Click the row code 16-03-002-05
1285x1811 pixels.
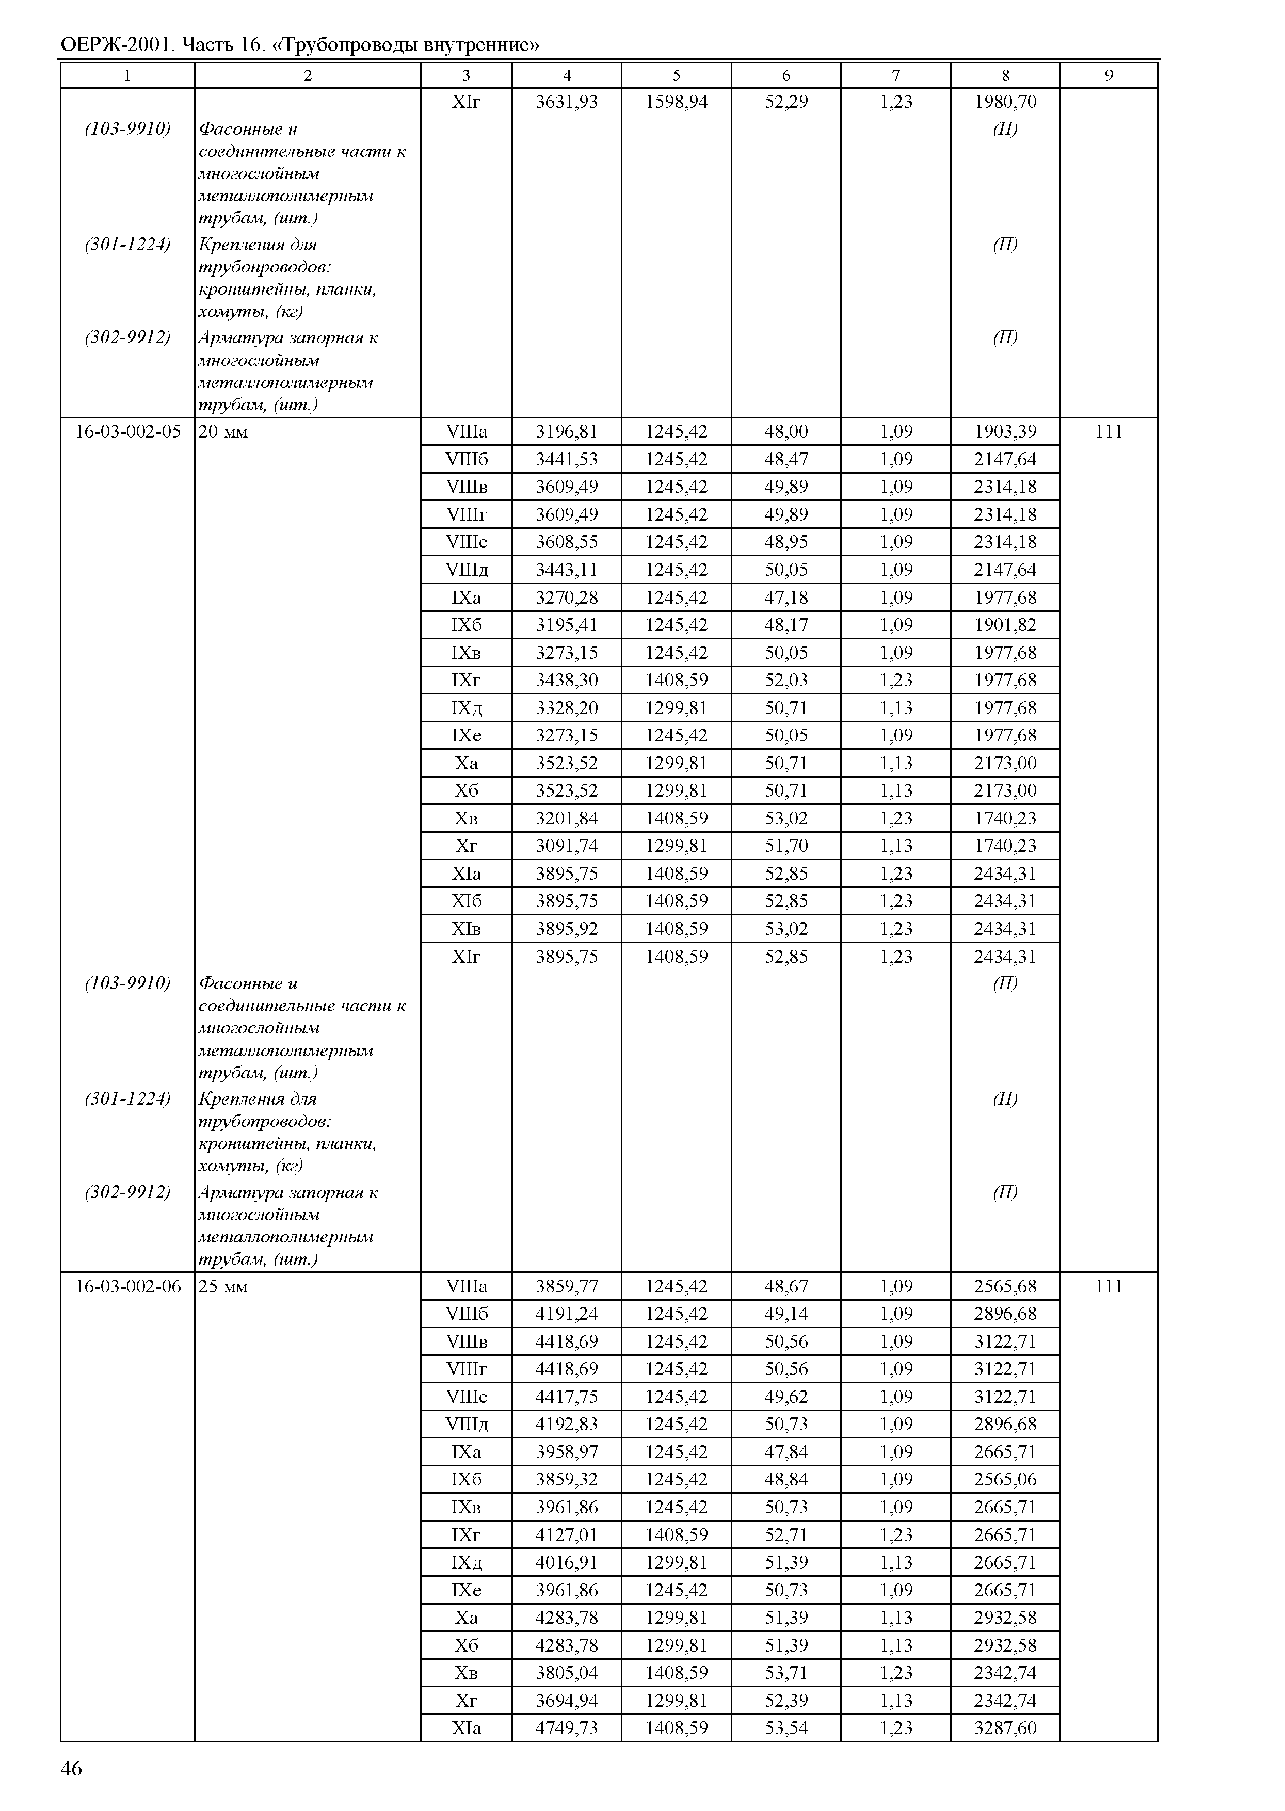127,432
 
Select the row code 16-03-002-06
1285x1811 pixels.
127,1286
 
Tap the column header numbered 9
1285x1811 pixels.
1109,76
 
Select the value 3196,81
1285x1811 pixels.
567,432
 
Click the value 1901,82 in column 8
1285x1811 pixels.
1005,625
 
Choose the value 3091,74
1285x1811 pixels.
567,846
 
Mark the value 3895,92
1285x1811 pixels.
567,929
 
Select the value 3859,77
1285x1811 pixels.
567,1286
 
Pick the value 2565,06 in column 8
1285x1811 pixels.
1005,1479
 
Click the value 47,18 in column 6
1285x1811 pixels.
786,597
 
